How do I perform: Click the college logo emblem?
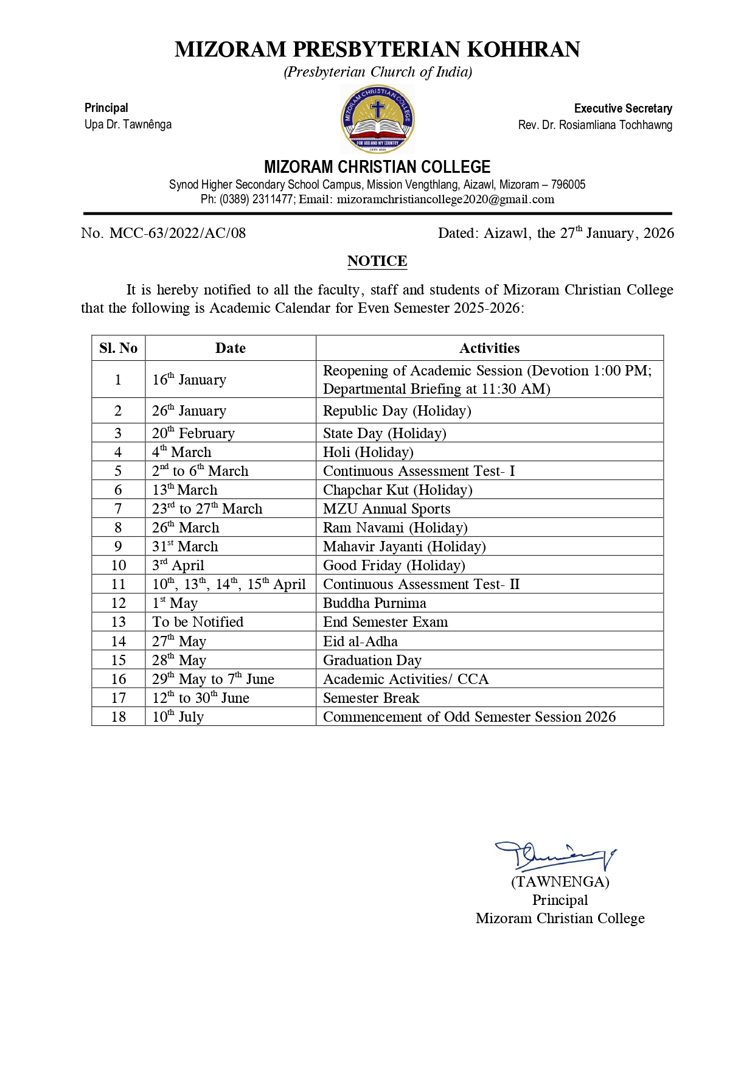(x=377, y=119)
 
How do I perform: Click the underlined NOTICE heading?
(x=377, y=261)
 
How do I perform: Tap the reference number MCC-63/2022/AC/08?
(x=177, y=233)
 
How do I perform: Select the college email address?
(x=445, y=200)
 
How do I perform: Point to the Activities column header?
(x=489, y=348)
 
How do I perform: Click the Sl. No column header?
(x=119, y=348)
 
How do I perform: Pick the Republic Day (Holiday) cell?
(x=397, y=411)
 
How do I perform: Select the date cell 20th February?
(x=193, y=433)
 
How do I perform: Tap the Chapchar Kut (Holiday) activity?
(x=397, y=490)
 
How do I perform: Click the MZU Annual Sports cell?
(x=386, y=509)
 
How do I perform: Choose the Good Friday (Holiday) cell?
(x=394, y=565)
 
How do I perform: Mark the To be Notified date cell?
(x=198, y=622)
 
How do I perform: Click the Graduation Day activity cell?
(x=372, y=660)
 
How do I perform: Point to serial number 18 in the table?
(x=119, y=717)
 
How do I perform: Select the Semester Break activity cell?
(x=371, y=698)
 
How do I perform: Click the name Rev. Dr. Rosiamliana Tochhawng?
(x=595, y=125)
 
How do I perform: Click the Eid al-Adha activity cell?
(x=360, y=641)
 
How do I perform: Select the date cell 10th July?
(x=178, y=717)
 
